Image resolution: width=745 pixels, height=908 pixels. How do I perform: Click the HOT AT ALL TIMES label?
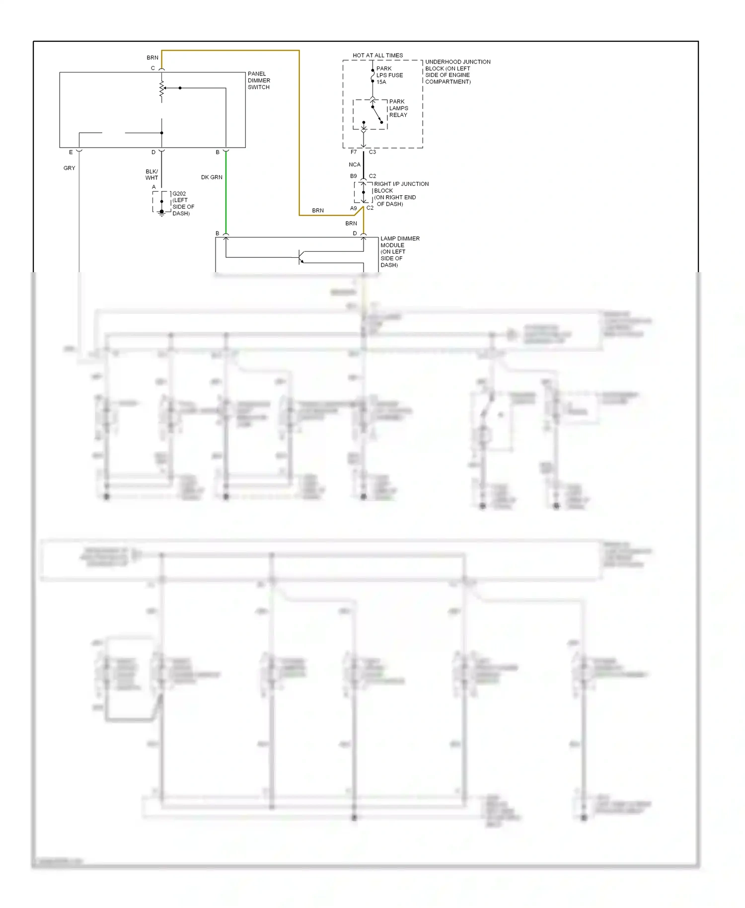(377, 55)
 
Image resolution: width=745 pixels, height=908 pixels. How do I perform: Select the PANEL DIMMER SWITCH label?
(259, 80)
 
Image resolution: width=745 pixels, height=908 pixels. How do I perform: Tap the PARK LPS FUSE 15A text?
(389, 76)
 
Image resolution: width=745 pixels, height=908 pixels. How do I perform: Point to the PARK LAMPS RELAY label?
(398, 108)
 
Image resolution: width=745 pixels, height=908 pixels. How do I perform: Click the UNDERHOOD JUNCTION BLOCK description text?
(457, 72)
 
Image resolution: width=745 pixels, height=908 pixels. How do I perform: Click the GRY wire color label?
(70, 168)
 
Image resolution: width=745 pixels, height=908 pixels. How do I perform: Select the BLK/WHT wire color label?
(151, 174)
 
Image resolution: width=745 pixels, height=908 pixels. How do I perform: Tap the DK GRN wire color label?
(212, 177)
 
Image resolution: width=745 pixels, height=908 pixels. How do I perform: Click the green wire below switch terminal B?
(226, 191)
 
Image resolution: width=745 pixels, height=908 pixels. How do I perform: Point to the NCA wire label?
(355, 164)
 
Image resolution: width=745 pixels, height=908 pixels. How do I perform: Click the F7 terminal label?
(354, 152)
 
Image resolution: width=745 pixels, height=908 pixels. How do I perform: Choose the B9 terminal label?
(354, 176)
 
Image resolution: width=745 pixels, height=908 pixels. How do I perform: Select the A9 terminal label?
(354, 208)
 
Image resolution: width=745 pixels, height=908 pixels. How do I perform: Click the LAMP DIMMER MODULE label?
(399, 251)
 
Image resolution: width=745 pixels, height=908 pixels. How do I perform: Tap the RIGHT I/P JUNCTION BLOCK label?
(400, 194)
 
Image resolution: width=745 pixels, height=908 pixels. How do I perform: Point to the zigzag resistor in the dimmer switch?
(161, 89)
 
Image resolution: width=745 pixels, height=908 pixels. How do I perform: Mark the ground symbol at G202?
(161, 213)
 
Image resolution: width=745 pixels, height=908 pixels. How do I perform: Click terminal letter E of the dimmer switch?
(71, 152)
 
